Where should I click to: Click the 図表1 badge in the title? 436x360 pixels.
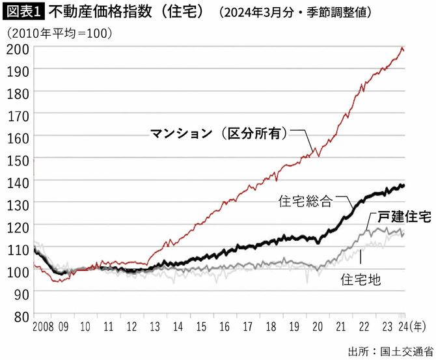23,11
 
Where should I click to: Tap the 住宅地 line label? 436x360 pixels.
361,279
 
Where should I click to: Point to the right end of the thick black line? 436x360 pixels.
403,186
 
